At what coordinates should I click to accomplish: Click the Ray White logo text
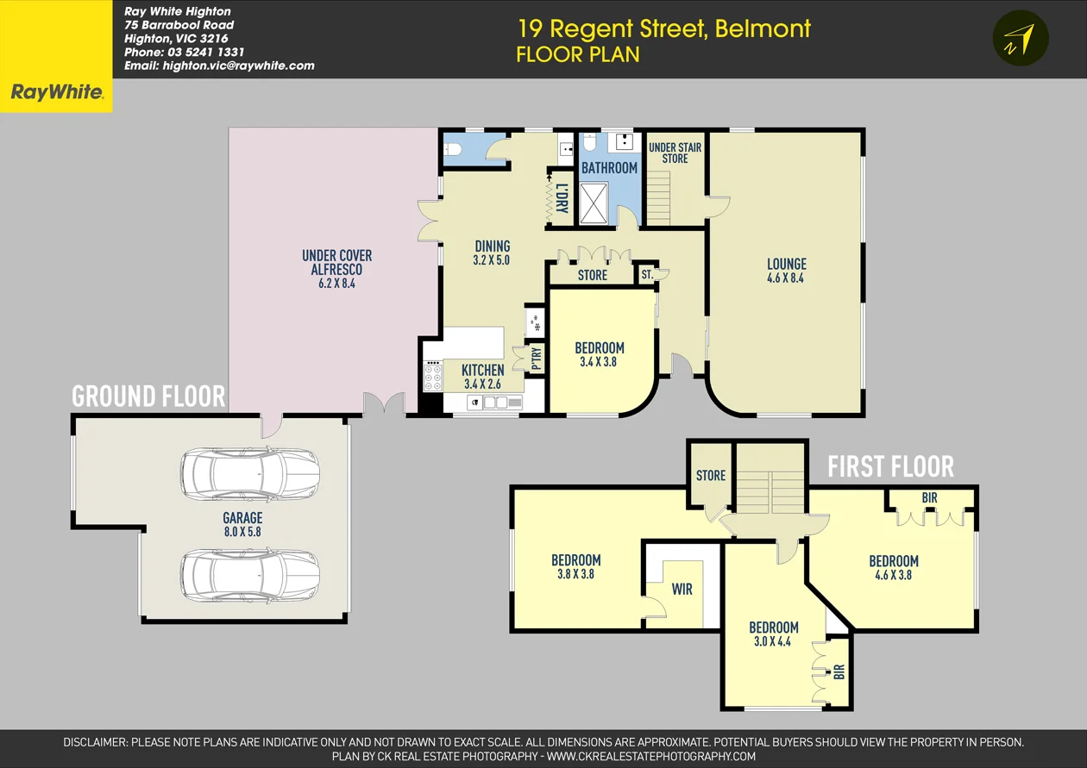point(56,93)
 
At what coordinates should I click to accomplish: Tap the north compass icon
point(1021,39)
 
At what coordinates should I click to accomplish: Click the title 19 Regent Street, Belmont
point(663,28)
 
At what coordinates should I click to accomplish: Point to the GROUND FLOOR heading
point(148,396)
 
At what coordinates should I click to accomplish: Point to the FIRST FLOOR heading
point(890,467)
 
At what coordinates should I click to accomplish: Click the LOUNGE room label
point(786,265)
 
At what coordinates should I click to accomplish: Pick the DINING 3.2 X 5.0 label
point(492,253)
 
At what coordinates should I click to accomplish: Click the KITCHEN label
point(482,371)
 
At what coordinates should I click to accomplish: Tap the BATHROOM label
point(609,168)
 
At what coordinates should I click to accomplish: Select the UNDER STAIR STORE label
point(675,153)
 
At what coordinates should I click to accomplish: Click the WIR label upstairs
point(682,590)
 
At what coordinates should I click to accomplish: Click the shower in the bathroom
point(593,203)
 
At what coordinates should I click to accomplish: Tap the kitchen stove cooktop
point(431,377)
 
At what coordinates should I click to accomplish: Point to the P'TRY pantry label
point(537,357)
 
